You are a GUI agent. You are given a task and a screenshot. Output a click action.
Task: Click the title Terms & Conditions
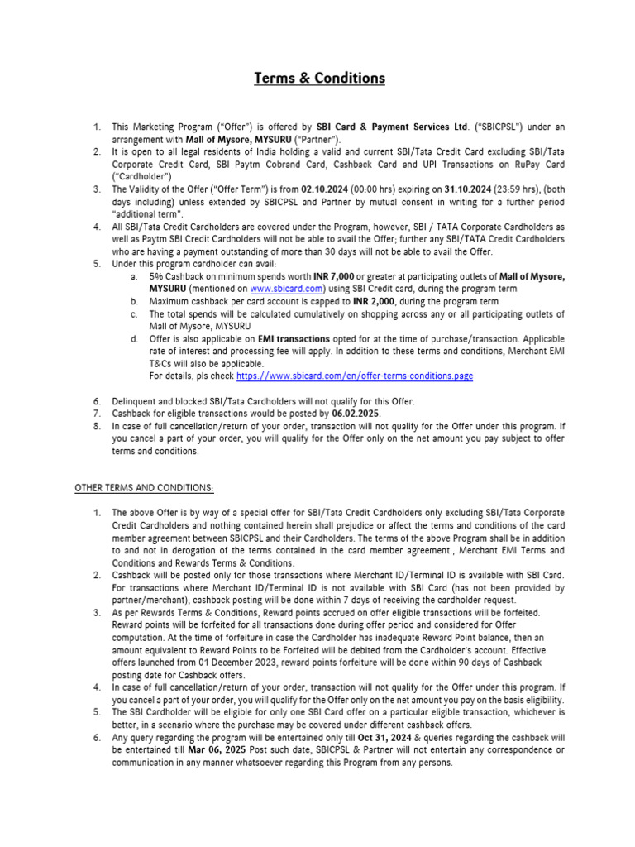pos(319,79)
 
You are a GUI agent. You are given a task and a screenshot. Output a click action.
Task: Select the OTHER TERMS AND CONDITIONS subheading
pos(145,487)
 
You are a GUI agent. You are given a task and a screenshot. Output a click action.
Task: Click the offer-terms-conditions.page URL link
pos(355,375)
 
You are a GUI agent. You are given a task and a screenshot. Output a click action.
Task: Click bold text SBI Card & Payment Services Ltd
pos(393,127)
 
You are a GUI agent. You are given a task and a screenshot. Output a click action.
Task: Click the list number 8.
pos(96,425)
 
